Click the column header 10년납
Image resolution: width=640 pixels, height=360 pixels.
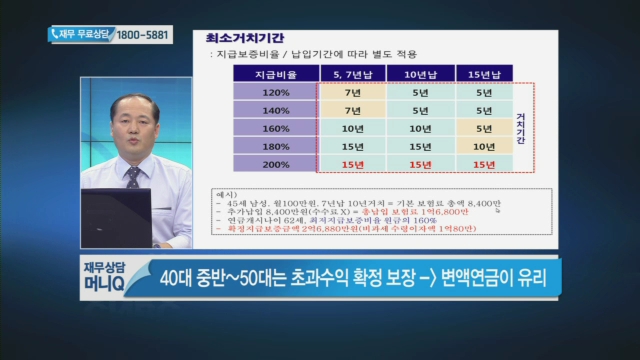point(419,74)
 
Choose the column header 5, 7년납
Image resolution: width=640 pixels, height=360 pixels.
point(351,74)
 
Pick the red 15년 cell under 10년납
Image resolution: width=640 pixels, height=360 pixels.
point(419,164)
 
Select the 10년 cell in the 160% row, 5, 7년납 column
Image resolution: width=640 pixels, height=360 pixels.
point(351,129)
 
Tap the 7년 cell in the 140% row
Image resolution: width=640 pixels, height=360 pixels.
point(351,111)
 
